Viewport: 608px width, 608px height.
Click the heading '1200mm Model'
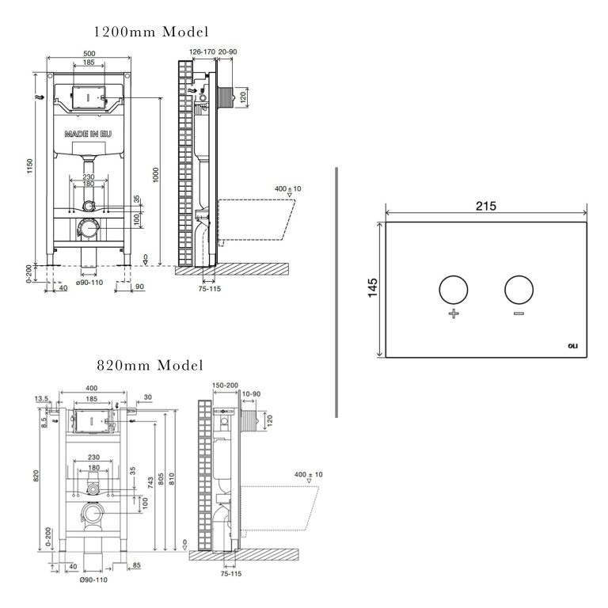click(151, 32)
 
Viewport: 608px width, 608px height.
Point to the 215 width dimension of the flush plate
click(485, 206)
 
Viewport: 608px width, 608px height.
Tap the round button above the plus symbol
click(454, 290)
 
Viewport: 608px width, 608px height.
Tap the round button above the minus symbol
click(519, 290)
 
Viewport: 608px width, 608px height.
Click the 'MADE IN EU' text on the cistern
click(88, 135)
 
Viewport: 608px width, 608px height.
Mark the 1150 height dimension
click(30, 168)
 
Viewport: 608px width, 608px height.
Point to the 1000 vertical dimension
click(157, 176)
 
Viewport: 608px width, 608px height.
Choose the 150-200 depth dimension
click(225, 385)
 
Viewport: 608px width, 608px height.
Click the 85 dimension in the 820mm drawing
click(137, 565)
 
